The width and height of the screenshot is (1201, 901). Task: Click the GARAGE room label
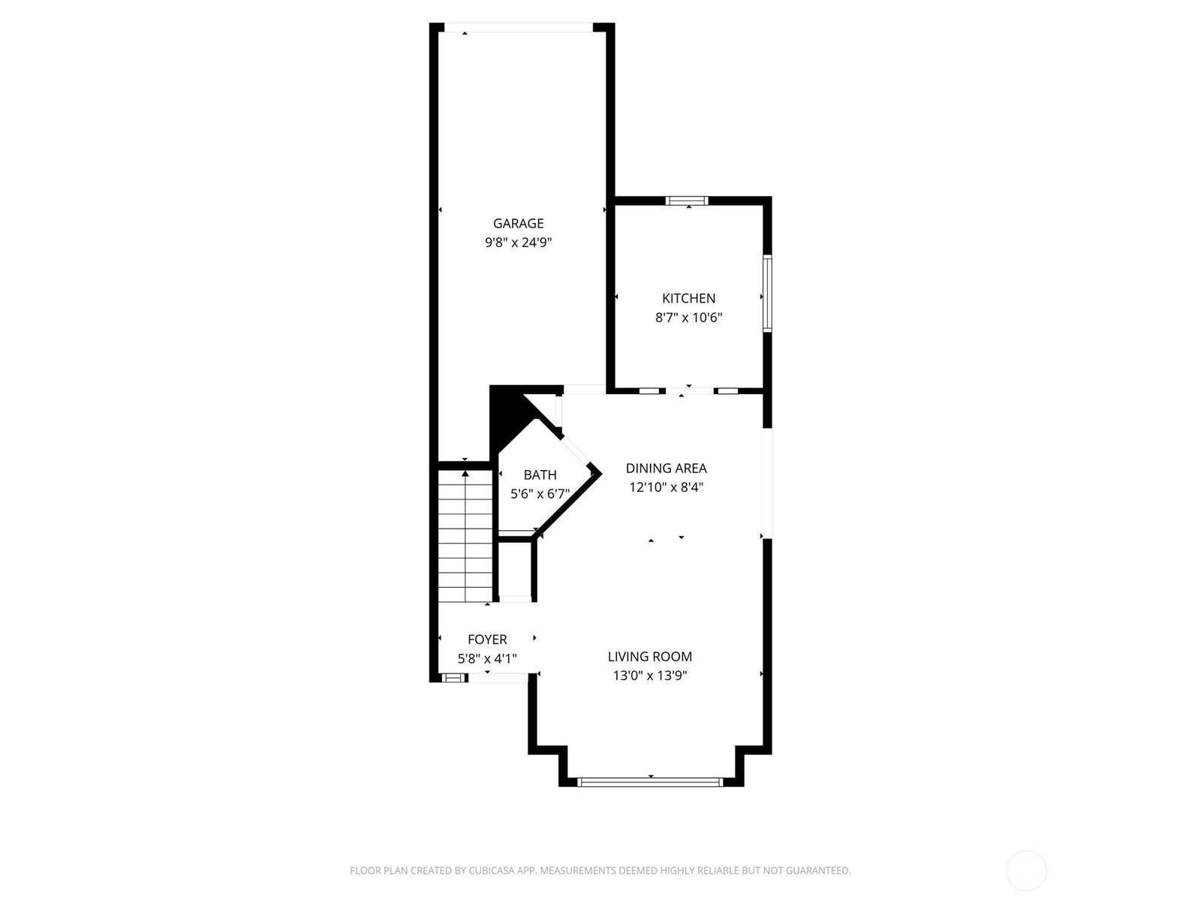(518, 223)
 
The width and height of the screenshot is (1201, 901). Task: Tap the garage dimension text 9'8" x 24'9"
(518, 243)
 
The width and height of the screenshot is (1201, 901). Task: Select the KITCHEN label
(688, 298)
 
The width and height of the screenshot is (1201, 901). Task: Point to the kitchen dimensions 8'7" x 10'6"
(688, 318)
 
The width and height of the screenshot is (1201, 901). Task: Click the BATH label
(540, 475)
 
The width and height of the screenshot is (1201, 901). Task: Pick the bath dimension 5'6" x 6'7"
(540, 494)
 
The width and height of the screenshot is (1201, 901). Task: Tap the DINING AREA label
(666, 469)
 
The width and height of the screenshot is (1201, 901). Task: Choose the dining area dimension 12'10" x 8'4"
(666, 487)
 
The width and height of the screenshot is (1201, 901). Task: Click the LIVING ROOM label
(649, 656)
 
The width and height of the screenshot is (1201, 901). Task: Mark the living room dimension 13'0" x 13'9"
(649, 676)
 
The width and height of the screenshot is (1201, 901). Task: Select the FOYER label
(487, 640)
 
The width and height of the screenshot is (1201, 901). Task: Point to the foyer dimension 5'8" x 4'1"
(487, 658)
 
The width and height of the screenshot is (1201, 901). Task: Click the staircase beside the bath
(465, 536)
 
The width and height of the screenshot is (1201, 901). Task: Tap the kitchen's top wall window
(687, 200)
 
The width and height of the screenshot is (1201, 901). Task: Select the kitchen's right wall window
(767, 294)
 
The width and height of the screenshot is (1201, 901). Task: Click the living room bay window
(650, 782)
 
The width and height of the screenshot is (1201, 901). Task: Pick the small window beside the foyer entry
(453, 678)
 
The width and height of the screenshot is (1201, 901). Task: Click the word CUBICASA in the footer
(492, 870)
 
